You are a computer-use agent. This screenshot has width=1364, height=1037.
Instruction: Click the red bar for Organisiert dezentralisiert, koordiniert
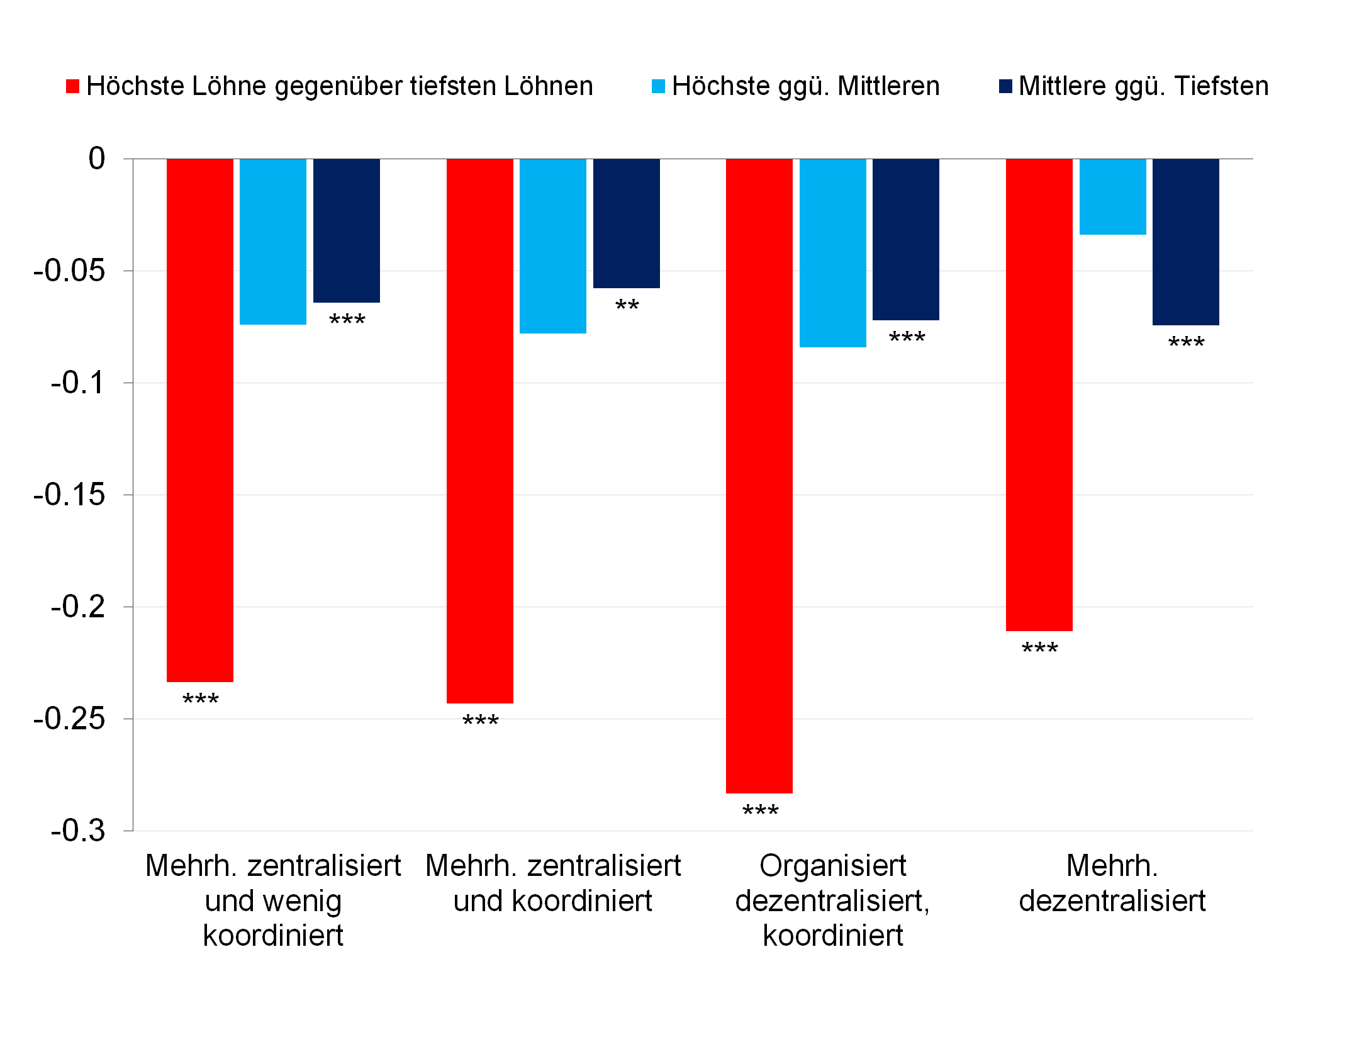click(759, 476)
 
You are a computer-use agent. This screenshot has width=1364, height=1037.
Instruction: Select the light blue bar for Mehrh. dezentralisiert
click(1112, 196)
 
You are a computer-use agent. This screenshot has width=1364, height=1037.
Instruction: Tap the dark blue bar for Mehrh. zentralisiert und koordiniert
click(626, 223)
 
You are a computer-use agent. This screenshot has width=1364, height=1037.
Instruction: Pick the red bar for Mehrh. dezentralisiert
click(1039, 395)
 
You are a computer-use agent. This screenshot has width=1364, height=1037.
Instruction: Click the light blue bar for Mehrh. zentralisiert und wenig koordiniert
click(272, 242)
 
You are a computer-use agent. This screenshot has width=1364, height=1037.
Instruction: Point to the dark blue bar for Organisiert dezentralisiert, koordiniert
click(905, 239)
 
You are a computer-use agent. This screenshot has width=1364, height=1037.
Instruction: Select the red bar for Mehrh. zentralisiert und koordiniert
click(479, 431)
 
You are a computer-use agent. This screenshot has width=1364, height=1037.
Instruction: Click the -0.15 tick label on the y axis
click(69, 495)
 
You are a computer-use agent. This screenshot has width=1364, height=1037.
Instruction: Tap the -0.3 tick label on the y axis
click(78, 831)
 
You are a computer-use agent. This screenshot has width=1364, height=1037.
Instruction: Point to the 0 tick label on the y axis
click(96, 159)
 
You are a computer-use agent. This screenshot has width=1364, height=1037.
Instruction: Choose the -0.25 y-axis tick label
click(69, 719)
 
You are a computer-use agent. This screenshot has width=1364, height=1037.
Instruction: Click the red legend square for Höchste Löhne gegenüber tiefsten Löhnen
click(73, 87)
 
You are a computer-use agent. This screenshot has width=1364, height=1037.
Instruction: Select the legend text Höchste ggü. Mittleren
click(805, 86)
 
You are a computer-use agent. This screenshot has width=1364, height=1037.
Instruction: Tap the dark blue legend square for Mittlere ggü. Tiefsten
click(1005, 87)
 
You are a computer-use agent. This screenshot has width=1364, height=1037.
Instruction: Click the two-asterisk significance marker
click(627, 306)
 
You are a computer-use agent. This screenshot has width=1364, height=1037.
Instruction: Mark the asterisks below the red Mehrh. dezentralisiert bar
click(1039, 649)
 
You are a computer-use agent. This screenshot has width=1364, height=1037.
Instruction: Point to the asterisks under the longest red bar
click(760, 811)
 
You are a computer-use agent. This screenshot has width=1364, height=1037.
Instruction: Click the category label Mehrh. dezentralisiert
click(1112, 883)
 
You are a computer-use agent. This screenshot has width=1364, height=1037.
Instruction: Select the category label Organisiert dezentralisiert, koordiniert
click(832, 900)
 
